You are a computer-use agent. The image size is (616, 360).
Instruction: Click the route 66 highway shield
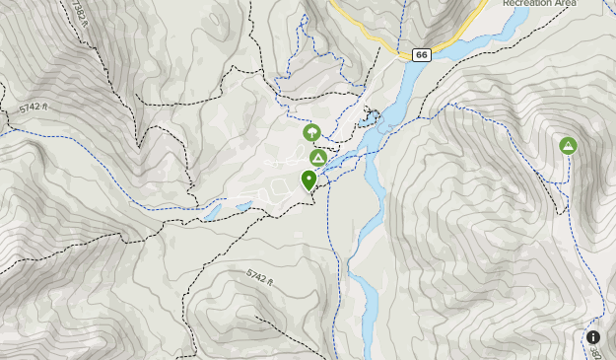(x=422, y=55)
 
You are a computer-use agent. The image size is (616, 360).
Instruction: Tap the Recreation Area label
(x=537, y=4)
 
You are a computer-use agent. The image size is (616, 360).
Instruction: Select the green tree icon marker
(x=310, y=131)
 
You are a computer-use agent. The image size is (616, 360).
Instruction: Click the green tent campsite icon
(x=317, y=158)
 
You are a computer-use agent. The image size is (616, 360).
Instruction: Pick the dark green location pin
(x=309, y=180)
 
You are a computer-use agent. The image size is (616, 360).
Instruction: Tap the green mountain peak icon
(x=568, y=146)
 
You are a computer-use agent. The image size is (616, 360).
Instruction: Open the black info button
(x=594, y=337)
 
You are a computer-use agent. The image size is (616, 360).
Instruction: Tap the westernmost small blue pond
(x=212, y=212)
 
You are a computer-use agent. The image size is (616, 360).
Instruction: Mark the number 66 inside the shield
(x=422, y=55)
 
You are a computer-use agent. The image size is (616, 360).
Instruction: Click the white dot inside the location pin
(x=309, y=178)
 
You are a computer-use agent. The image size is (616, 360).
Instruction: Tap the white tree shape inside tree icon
(x=310, y=131)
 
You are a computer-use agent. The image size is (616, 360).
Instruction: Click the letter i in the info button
(x=594, y=337)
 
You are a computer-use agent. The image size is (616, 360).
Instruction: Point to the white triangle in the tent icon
(x=317, y=159)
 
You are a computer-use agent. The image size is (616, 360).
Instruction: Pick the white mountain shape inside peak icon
(x=568, y=147)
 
